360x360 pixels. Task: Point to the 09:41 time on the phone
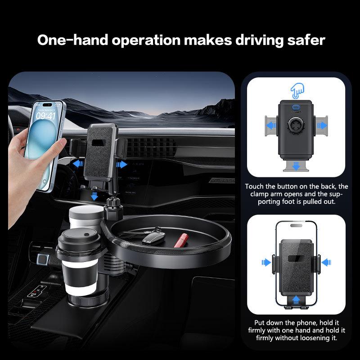(x=46, y=116)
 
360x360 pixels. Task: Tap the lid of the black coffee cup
(x=74, y=237)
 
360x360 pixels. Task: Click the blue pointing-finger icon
(x=296, y=90)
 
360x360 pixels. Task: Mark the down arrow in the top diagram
(x=296, y=166)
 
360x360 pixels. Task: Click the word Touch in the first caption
(x=254, y=186)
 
